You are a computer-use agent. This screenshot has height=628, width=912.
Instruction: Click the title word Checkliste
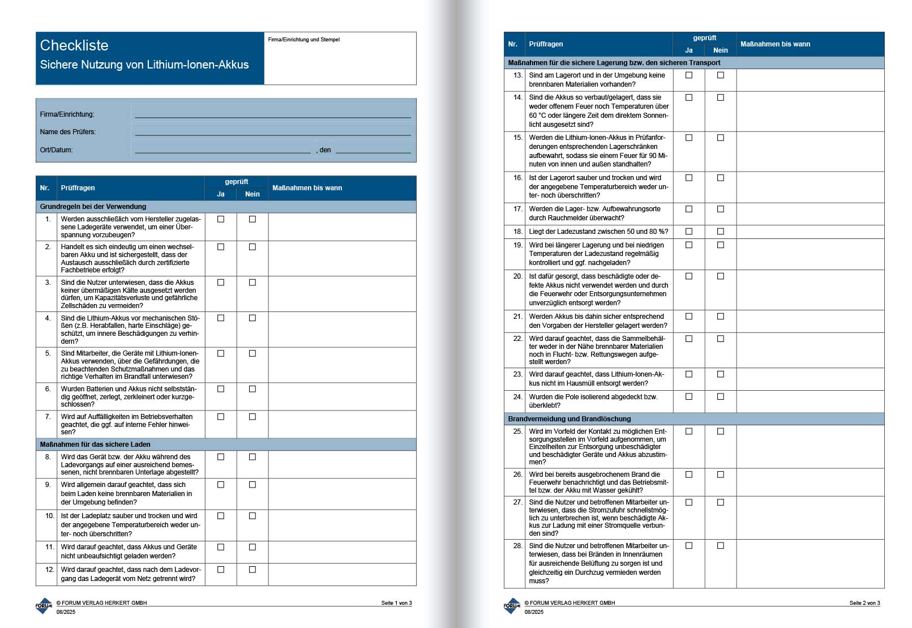click(x=74, y=45)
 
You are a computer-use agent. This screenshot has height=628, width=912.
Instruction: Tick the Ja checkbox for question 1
click(x=221, y=219)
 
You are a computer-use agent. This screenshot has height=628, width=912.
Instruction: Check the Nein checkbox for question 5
click(x=252, y=353)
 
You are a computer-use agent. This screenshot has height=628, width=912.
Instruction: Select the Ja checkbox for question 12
click(x=221, y=570)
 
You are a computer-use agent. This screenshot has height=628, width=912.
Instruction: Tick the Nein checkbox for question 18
click(x=721, y=232)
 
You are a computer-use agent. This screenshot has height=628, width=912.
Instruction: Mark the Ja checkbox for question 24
click(x=689, y=397)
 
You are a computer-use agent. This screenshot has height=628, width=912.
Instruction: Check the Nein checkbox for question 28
click(x=721, y=546)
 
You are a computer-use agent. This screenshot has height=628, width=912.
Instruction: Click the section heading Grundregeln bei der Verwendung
click(x=93, y=207)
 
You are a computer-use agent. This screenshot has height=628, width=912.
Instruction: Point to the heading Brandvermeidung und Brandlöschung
click(x=569, y=419)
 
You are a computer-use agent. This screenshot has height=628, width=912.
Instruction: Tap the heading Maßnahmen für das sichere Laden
click(x=95, y=445)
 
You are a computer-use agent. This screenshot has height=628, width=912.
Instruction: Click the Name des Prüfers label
click(x=68, y=132)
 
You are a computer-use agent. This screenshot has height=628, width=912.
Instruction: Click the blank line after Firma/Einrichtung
click(x=272, y=116)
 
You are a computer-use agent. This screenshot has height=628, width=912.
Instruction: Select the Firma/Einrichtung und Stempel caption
click(x=304, y=40)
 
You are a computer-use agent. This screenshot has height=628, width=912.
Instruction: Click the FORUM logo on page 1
click(x=44, y=606)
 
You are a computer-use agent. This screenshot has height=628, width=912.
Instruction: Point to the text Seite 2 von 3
click(x=864, y=603)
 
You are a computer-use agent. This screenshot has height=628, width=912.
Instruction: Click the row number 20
click(x=517, y=276)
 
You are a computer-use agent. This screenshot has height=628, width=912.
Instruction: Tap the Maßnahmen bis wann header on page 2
click(x=775, y=44)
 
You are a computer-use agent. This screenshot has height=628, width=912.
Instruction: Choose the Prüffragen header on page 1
click(x=78, y=188)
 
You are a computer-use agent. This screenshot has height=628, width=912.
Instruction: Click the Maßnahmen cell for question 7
click(x=342, y=424)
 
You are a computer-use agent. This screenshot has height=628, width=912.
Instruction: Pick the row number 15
click(x=517, y=138)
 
